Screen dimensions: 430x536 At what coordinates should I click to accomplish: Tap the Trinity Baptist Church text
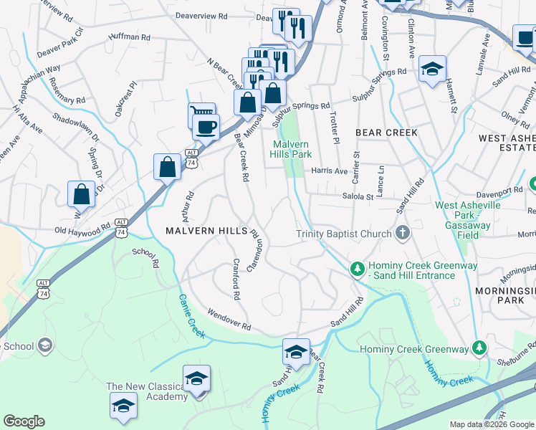coord(343,234)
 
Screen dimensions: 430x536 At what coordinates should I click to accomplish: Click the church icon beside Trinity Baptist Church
coord(403,233)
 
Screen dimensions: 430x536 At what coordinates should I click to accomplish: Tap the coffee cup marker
coord(206,127)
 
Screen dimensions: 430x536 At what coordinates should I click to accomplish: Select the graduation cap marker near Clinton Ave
coord(432,69)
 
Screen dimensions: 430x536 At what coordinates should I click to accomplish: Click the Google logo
coord(24,421)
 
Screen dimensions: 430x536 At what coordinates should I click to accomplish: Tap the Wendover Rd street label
coord(229,319)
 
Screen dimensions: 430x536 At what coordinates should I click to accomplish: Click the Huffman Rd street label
coord(130,37)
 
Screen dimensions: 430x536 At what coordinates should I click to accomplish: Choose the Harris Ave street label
coord(330,171)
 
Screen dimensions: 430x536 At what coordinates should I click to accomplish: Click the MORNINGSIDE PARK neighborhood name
coord(502,295)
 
